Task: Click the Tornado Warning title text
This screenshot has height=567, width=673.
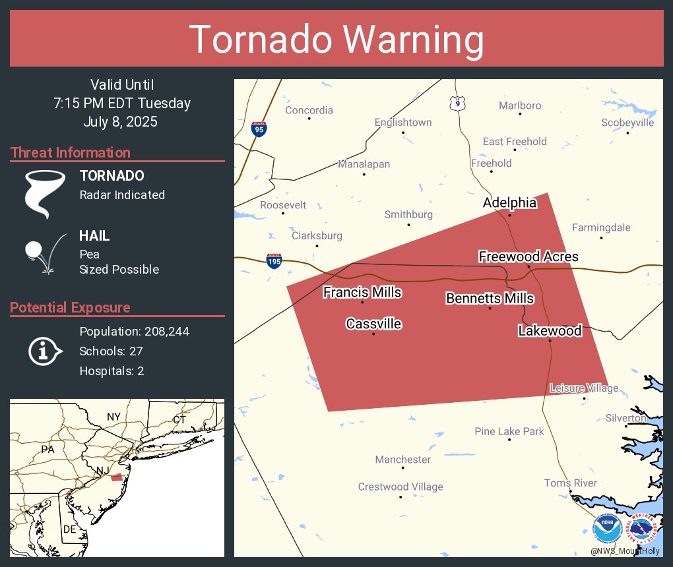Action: (x=336, y=40)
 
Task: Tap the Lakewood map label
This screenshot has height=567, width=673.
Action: (x=550, y=330)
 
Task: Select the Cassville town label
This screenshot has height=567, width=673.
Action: (x=373, y=324)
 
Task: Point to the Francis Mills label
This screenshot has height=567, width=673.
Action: (x=362, y=292)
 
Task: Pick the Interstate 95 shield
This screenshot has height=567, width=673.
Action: (x=259, y=129)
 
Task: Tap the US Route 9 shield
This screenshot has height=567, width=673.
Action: (x=459, y=103)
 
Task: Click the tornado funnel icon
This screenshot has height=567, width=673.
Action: (x=44, y=194)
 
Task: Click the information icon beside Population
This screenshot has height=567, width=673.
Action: (x=44, y=351)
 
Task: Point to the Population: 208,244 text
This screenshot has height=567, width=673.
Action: (x=134, y=331)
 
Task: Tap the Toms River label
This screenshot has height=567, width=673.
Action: (x=570, y=483)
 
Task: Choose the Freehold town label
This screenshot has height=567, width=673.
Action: (x=491, y=163)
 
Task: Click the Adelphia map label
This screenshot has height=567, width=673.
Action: (x=509, y=203)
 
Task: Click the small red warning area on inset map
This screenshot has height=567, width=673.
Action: (x=116, y=477)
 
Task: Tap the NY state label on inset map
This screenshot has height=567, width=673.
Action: (x=114, y=417)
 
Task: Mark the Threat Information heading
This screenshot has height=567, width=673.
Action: (x=71, y=152)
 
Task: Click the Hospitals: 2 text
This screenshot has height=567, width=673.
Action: (x=112, y=371)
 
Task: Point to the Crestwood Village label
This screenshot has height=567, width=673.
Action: (x=401, y=487)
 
